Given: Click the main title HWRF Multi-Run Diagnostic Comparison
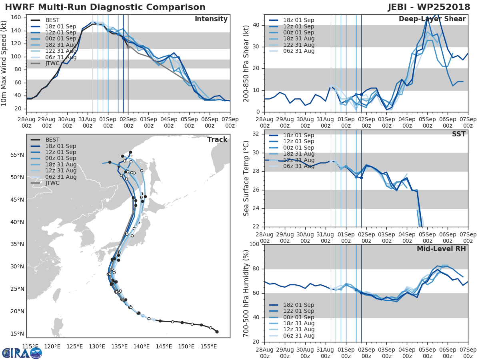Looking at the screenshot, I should (105, 7).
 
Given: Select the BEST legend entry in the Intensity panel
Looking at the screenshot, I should (52, 20).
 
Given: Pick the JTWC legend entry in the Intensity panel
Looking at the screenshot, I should (52, 63).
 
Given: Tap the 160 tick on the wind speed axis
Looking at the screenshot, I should (18, 18).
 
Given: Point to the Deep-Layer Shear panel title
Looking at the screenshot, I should (432, 19).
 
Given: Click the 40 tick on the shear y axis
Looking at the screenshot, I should (258, 25).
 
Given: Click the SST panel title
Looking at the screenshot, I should (458, 134).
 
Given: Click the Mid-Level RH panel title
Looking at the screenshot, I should (441, 249).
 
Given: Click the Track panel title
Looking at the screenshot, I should (217, 140).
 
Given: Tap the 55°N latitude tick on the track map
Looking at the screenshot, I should (19, 155).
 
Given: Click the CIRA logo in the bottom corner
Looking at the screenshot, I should (22, 353).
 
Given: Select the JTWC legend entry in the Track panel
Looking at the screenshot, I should (52, 183).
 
